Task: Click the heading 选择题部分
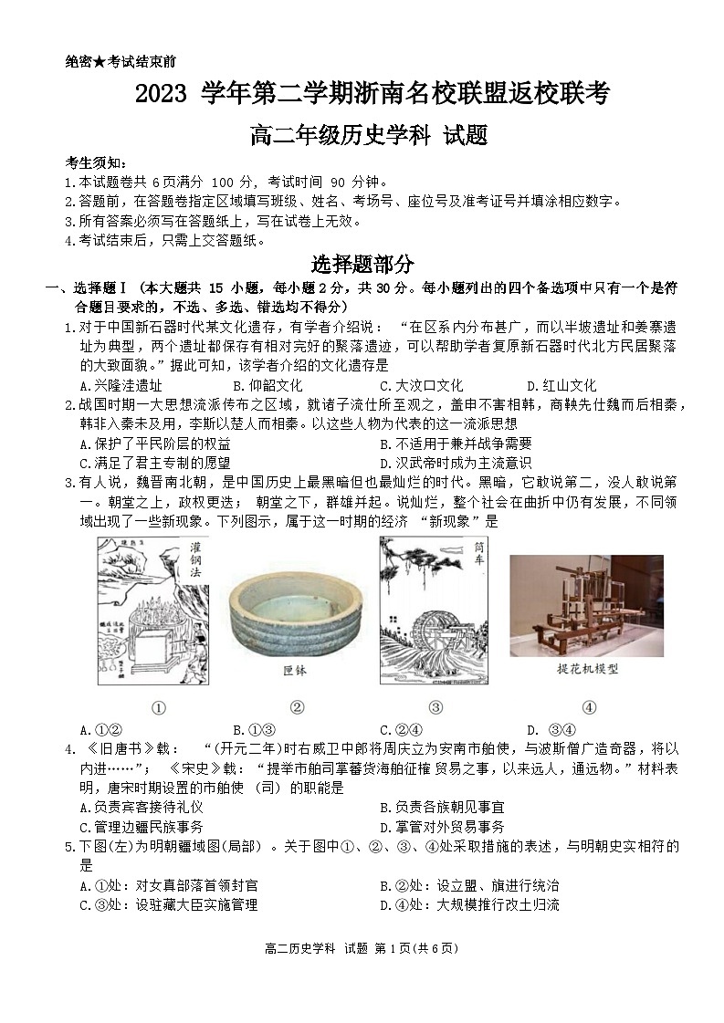[x=362, y=265]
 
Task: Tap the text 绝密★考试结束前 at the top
[x=121, y=62]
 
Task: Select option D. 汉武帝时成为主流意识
[x=455, y=463]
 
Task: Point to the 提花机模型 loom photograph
[x=586, y=605]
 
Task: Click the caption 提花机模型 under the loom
[x=588, y=668]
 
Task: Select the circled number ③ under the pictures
[x=435, y=706]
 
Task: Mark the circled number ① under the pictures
[x=158, y=706]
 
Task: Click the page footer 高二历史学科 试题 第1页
[x=361, y=948]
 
